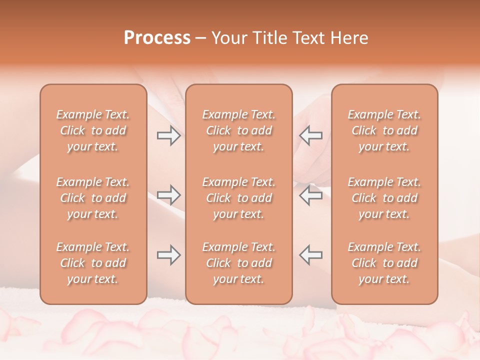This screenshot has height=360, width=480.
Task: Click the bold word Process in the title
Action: pos(157,38)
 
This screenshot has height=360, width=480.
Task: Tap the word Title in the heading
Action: pos(270,38)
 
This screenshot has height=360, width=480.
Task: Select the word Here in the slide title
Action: pos(348,38)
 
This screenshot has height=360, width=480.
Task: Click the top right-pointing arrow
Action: pos(168,135)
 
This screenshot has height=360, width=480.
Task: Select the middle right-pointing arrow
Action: pos(168,195)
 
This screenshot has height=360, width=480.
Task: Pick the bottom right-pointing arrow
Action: pos(168,255)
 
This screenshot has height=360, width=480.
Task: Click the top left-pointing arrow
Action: pos(311,135)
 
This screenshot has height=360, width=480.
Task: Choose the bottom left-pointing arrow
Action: pos(311,255)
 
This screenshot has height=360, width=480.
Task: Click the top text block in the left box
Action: pos(93,130)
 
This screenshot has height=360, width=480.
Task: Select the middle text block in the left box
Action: pos(93,198)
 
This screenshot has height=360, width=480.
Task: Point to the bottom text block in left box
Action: pos(93,263)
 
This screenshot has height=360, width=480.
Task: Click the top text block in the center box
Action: pos(239,130)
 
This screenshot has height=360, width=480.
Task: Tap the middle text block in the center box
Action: pos(239,198)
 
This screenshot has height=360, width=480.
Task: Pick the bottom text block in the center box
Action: pos(239,263)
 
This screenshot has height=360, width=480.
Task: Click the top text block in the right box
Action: pos(384,130)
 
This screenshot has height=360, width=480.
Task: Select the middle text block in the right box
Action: pos(384,198)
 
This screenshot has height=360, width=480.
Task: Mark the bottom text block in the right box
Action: pos(384,263)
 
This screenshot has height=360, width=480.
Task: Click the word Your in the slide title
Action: pos(229,38)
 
